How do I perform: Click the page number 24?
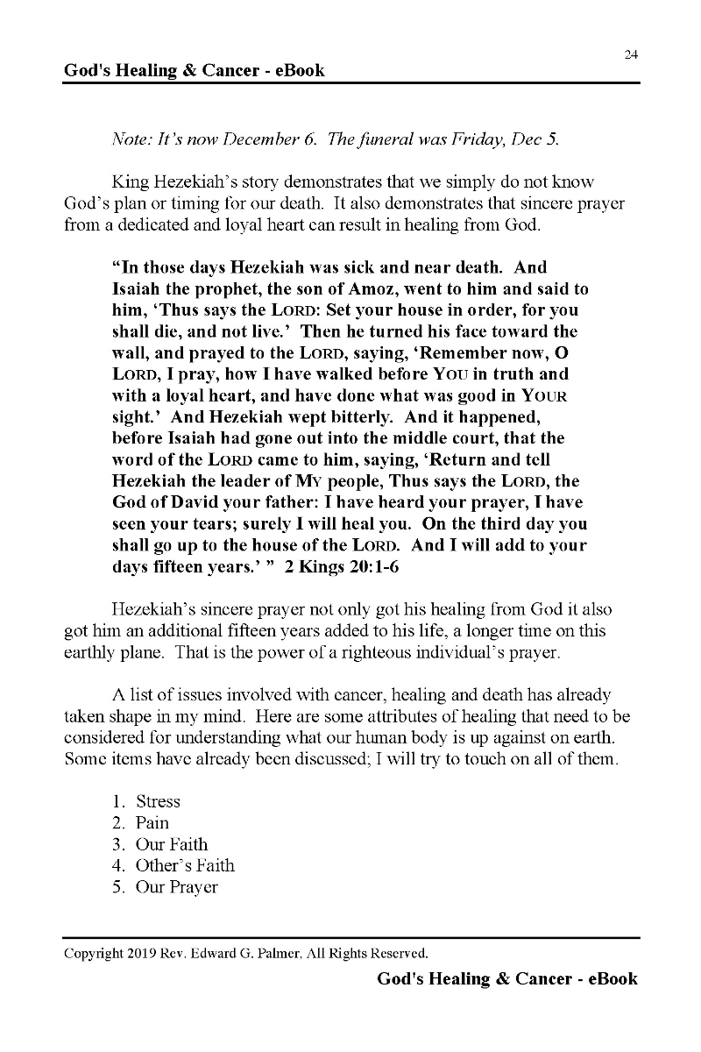631,54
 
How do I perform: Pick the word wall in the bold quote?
130,352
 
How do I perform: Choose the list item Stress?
158,801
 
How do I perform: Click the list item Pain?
152,822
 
